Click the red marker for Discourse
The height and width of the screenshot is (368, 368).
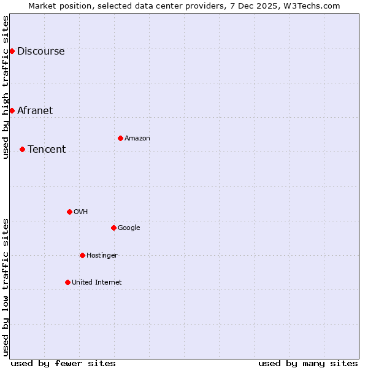pyautogui.click(x=12, y=51)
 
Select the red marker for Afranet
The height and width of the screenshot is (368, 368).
pyautogui.click(x=12, y=110)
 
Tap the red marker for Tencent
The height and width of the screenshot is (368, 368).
pyautogui.click(x=22, y=149)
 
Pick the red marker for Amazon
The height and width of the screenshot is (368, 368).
pyautogui.click(x=120, y=138)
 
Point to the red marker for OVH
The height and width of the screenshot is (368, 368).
pyautogui.click(x=69, y=212)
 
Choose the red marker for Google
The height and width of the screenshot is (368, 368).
pyautogui.click(x=113, y=228)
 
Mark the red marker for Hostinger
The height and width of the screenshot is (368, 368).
pyautogui.click(x=82, y=255)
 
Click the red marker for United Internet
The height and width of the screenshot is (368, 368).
pyautogui.click(x=67, y=282)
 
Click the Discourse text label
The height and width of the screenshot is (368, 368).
pyautogui.click(x=41, y=51)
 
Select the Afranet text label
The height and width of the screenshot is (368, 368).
pyautogui.click(x=35, y=110)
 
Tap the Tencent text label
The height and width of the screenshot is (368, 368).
pyautogui.click(x=47, y=149)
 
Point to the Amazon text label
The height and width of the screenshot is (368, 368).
pyautogui.click(x=137, y=138)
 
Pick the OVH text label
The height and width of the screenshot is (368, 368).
pyautogui.click(x=81, y=212)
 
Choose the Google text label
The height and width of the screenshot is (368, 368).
pyautogui.click(x=129, y=228)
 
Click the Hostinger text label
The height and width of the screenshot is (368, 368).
pyautogui.click(x=102, y=255)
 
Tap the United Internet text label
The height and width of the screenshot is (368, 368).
pyautogui.click(x=97, y=282)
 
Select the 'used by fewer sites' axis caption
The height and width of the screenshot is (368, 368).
pyautogui.click(x=63, y=363)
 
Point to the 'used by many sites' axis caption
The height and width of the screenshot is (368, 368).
pyautogui.click(x=308, y=363)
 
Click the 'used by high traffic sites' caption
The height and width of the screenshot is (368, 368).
pyautogui.click(x=6, y=87)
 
